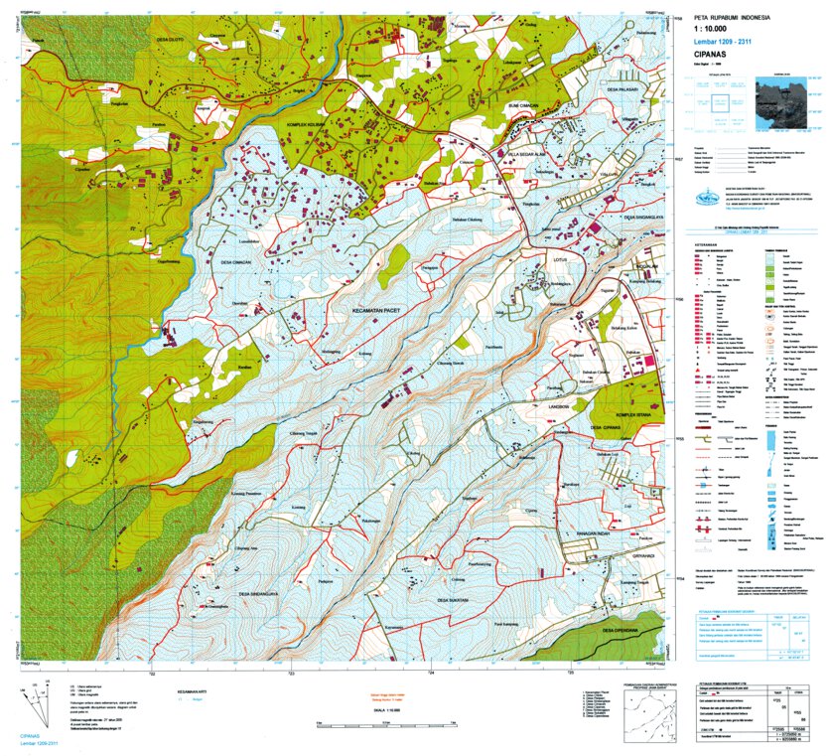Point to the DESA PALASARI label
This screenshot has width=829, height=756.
tap(620, 89)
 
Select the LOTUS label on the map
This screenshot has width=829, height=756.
tap(536, 262)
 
